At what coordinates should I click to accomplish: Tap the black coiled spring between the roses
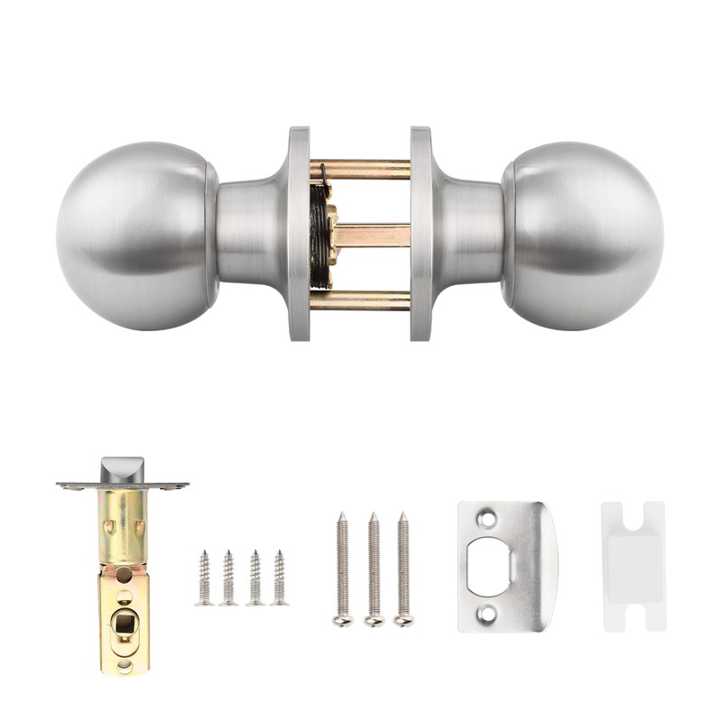[x=318, y=233]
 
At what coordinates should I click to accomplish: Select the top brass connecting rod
[x=361, y=169]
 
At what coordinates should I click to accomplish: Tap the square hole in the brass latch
[x=125, y=621]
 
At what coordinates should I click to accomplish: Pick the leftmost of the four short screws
[x=205, y=578]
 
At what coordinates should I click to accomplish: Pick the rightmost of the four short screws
[x=280, y=578]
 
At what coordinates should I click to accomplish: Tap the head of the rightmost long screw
[x=403, y=619]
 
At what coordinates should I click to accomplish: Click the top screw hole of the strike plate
[x=487, y=520]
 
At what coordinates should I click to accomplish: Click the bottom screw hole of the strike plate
[x=487, y=614]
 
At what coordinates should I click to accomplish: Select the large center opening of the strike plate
[x=487, y=567]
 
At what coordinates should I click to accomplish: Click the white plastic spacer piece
[x=634, y=567]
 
